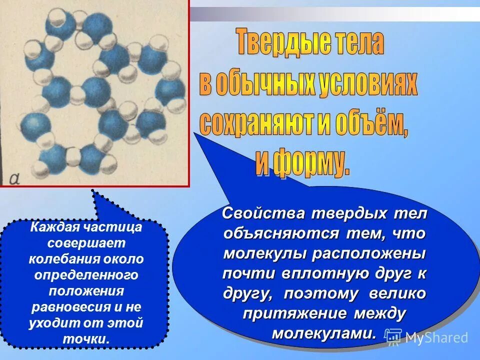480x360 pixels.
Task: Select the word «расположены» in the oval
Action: [369, 253]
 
